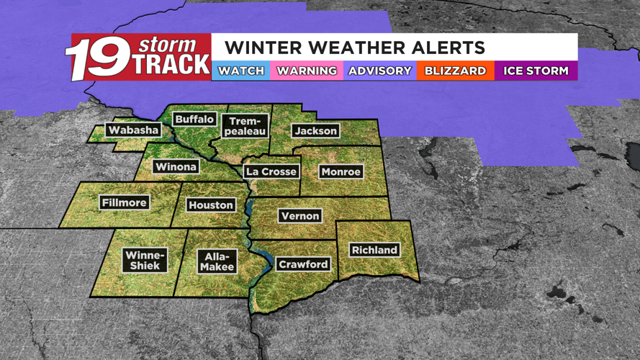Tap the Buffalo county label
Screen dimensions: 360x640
click(195, 118)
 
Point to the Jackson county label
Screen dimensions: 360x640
click(315, 130)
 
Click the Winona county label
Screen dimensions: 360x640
click(176, 167)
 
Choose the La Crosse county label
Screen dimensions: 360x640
click(271, 171)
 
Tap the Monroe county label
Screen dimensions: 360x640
click(341, 172)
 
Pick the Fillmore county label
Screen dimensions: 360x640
click(125, 202)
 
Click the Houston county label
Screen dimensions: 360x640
click(211, 205)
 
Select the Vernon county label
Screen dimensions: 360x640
click(301, 215)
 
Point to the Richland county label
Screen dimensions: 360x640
click(374, 250)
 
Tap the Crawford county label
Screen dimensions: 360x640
click(303, 264)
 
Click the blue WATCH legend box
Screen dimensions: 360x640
click(241, 71)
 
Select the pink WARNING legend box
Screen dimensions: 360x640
click(307, 71)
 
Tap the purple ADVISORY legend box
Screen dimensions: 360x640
click(380, 71)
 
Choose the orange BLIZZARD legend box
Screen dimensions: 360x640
click(455, 71)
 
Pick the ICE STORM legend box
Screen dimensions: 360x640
click(536, 71)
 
